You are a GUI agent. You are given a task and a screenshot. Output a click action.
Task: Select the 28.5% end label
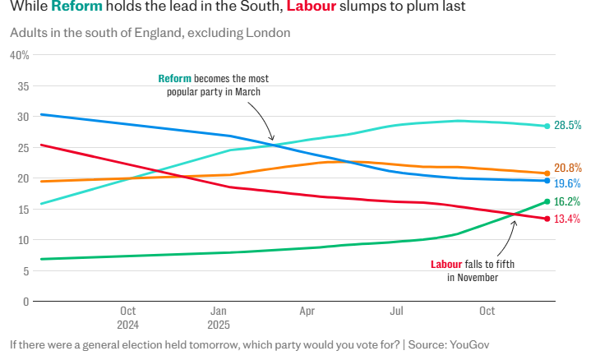[x=568, y=126]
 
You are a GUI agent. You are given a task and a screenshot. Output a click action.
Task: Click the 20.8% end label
[x=568, y=168]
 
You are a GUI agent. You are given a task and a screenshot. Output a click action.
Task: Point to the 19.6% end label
[x=568, y=183]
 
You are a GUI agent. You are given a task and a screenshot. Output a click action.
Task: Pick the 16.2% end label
[x=568, y=201]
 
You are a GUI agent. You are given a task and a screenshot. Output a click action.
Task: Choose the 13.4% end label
[x=568, y=219]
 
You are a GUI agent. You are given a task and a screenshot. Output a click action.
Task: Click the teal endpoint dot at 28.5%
[x=547, y=126]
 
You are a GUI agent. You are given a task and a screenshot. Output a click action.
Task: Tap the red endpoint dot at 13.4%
[x=547, y=219]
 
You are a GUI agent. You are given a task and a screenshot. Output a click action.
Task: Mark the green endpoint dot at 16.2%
[x=547, y=201]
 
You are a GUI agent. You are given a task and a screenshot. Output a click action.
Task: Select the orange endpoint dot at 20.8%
[x=547, y=173]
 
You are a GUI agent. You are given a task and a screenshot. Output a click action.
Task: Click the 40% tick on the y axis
[x=19, y=55]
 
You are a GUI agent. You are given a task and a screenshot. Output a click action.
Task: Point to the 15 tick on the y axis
[x=23, y=210]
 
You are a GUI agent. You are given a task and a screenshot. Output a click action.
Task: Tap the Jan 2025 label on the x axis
[x=219, y=318]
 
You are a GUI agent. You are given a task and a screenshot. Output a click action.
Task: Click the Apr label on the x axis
[x=307, y=312]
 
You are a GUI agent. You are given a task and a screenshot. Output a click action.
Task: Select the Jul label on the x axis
[x=397, y=312]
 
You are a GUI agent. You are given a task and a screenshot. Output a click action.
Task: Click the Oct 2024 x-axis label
[x=127, y=318]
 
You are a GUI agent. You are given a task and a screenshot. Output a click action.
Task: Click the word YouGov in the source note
[x=467, y=344]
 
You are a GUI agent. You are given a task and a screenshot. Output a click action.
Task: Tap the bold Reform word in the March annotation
[x=174, y=79]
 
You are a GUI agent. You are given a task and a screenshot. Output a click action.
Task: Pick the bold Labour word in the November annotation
[x=449, y=265]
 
